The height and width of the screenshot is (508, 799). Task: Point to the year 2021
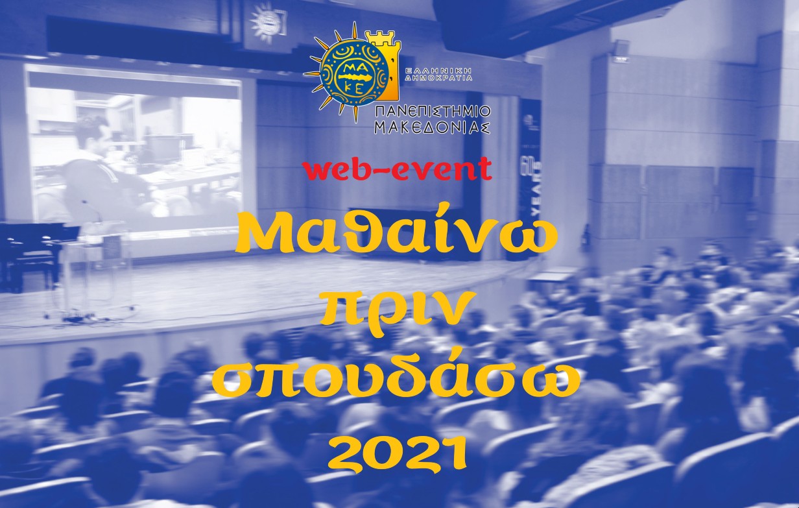pyautogui.click(x=397, y=452)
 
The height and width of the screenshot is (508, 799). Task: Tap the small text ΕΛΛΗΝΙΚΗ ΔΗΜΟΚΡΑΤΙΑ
pyautogui.click(x=438, y=73)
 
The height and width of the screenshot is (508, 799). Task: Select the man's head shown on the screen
pyautogui.click(x=91, y=134)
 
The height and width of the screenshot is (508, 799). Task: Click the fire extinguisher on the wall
pyautogui.click(x=586, y=236)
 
